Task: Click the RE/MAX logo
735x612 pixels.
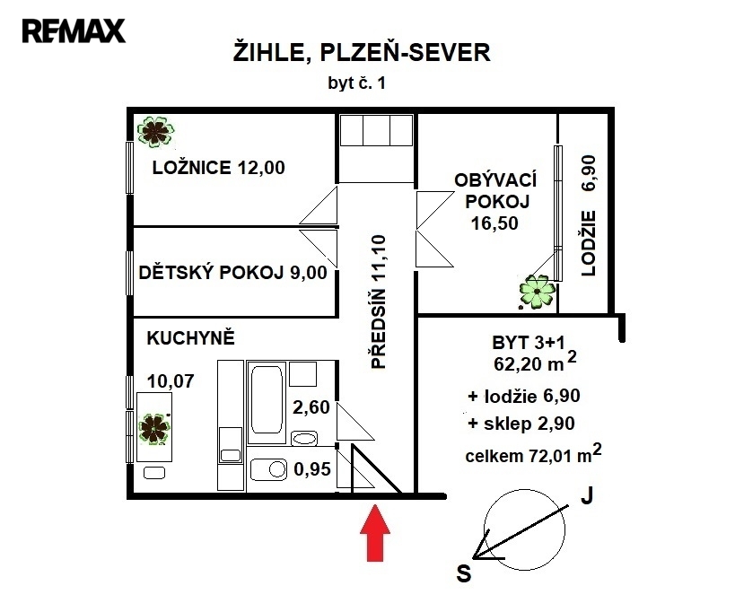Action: pos(74,31)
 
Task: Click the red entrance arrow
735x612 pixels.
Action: pos(375,532)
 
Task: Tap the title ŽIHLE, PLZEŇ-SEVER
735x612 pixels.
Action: pos(362,52)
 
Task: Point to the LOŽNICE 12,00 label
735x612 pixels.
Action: pos(218,167)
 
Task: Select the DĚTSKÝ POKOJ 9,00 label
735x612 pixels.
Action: pos(232,272)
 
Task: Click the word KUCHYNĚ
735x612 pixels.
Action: pos(191,338)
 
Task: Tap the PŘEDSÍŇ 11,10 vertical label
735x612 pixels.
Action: pos(379,302)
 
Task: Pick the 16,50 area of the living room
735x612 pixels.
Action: pos(494,223)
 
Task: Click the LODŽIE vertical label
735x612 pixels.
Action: pos(589,243)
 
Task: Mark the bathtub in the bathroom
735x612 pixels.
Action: pos(267,402)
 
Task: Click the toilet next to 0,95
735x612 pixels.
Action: pos(268,469)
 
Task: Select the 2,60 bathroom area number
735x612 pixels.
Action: pos(311,407)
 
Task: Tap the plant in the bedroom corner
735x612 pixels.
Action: pos(155,132)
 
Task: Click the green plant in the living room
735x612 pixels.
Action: pos(537,292)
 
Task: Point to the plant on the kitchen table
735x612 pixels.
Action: pos(153,429)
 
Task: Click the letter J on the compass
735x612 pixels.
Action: pos(587,495)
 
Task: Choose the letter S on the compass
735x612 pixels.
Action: pos(464,573)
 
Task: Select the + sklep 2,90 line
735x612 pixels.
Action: pos(521,424)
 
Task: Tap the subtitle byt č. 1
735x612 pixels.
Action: pos(356,83)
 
